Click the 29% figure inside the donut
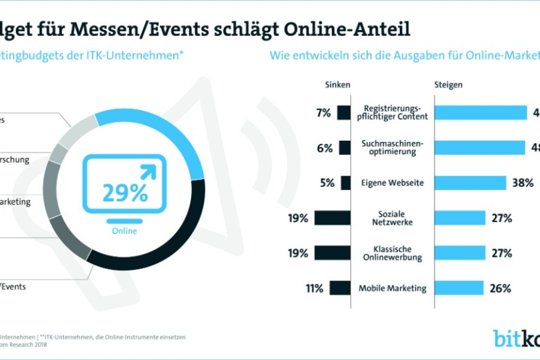coord(125,192)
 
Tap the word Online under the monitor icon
coord(125,231)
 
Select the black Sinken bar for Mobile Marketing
coord(340,288)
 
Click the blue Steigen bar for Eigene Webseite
coord(470,183)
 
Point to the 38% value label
coord(522,183)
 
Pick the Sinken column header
coord(338,85)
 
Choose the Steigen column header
coord(448,85)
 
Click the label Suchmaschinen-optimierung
coord(392,147)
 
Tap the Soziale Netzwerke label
coord(392,218)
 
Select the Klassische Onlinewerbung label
coord(392,253)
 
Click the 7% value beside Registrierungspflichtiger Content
coord(324,113)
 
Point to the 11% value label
coord(314,288)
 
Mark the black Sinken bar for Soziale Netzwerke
coord(332,218)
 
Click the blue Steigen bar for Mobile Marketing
coord(459,288)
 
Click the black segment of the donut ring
coord(171,240)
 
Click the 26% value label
coord(500,288)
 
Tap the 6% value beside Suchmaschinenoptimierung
coord(325,148)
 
